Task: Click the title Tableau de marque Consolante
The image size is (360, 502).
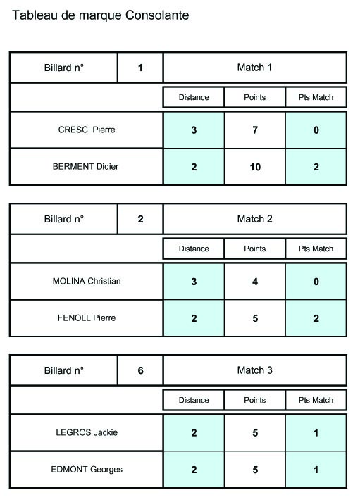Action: pyautogui.click(x=100, y=15)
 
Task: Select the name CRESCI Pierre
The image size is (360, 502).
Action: pyautogui.click(x=87, y=130)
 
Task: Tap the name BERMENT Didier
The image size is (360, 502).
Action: pyautogui.click(x=85, y=166)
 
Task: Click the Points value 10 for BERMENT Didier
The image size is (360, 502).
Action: pyautogui.click(x=255, y=167)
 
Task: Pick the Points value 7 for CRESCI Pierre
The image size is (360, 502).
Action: pyautogui.click(x=255, y=130)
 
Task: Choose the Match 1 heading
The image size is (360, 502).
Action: pyautogui.click(x=254, y=68)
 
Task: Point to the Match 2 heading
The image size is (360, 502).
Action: pyautogui.click(x=254, y=219)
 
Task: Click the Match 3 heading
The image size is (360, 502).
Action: pyautogui.click(x=254, y=370)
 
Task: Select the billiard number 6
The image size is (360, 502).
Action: pyautogui.click(x=140, y=370)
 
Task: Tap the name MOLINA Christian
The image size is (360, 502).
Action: pyautogui.click(x=87, y=281)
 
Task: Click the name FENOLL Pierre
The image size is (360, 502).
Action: pyautogui.click(x=87, y=318)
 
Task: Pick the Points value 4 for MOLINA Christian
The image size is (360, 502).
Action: pyautogui.click(x=255, y=282)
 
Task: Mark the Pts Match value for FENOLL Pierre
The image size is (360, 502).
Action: pyautogui.click(x=316, y=318)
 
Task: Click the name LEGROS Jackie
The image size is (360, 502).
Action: pyautogui.click(x=87, y=432)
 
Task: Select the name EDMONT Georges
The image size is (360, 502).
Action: pyautogui.click(x=87, y=470)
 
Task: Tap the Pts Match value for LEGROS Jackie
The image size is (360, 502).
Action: pyautogui.click(x=316, y=433)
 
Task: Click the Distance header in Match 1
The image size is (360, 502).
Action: pyautogui.click(x=194, y=97)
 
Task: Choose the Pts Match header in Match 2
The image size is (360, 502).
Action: pyautogui.click(x=316, y=249)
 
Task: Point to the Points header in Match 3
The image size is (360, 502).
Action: pyautogui.click(x=254, y=400)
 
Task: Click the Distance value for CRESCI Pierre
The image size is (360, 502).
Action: pyautogui.click(x=194, y=130)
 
